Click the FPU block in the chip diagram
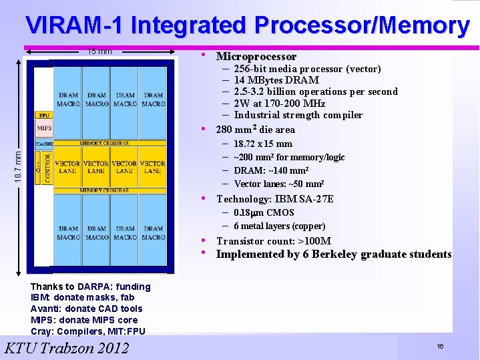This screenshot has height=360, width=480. tap(44, 115)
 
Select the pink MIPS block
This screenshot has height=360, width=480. tap(44, 128)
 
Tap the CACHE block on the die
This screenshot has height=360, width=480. tap(44, 144)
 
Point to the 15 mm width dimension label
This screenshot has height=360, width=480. tap(100, 51)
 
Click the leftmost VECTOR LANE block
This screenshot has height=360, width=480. tap(67, 167)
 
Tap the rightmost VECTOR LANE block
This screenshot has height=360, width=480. tap(153, 167)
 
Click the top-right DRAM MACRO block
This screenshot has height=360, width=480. tap(153, 100)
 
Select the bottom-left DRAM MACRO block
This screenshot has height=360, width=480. tap(68, 232)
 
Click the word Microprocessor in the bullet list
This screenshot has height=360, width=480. tap(256, 57)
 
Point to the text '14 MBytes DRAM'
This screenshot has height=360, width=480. tap(276, 80)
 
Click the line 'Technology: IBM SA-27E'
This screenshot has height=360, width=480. tap(275, 199)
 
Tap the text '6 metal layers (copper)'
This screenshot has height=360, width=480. tap(279, 226)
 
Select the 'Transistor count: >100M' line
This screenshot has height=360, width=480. tap(274, 241)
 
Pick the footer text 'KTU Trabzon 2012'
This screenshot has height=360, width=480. tap(67, 347)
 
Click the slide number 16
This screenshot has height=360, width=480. tap(440, 346)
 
